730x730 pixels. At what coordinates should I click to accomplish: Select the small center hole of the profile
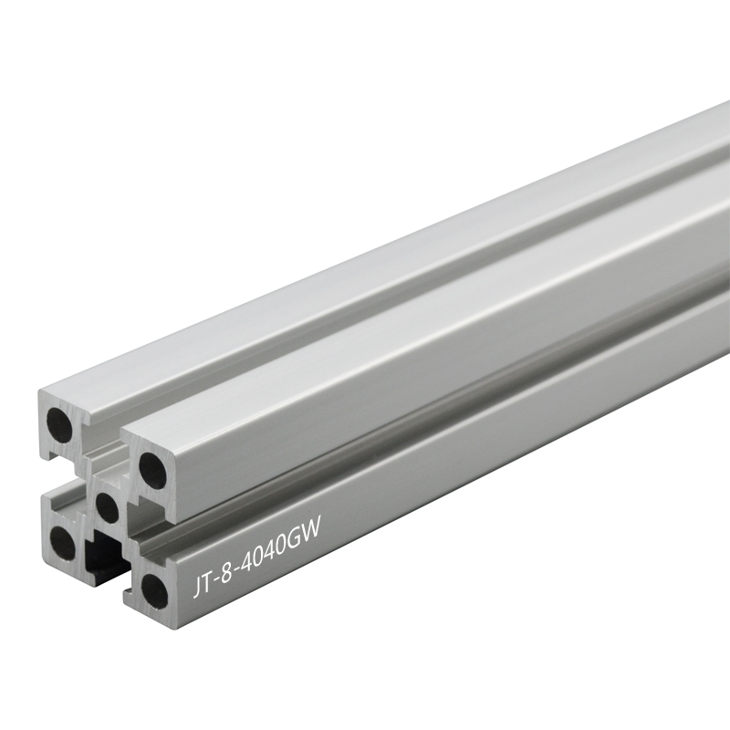(x=106, y=506)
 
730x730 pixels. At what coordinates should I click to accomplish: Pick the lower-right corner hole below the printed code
(x=154, y=589)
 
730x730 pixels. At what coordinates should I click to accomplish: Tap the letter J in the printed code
(x=196, y=587)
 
